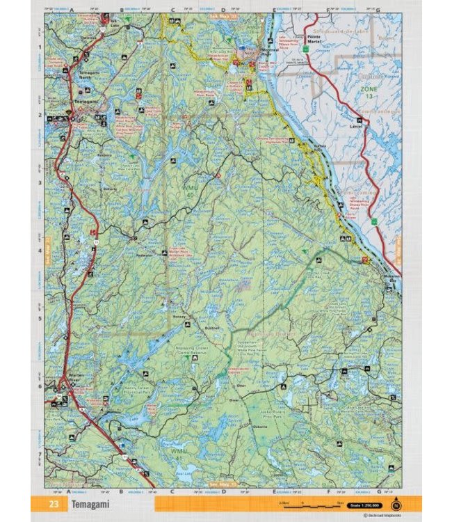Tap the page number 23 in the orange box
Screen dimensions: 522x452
click(54, 503)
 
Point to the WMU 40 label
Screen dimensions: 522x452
click(190, 191)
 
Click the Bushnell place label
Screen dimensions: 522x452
click(213, 326)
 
